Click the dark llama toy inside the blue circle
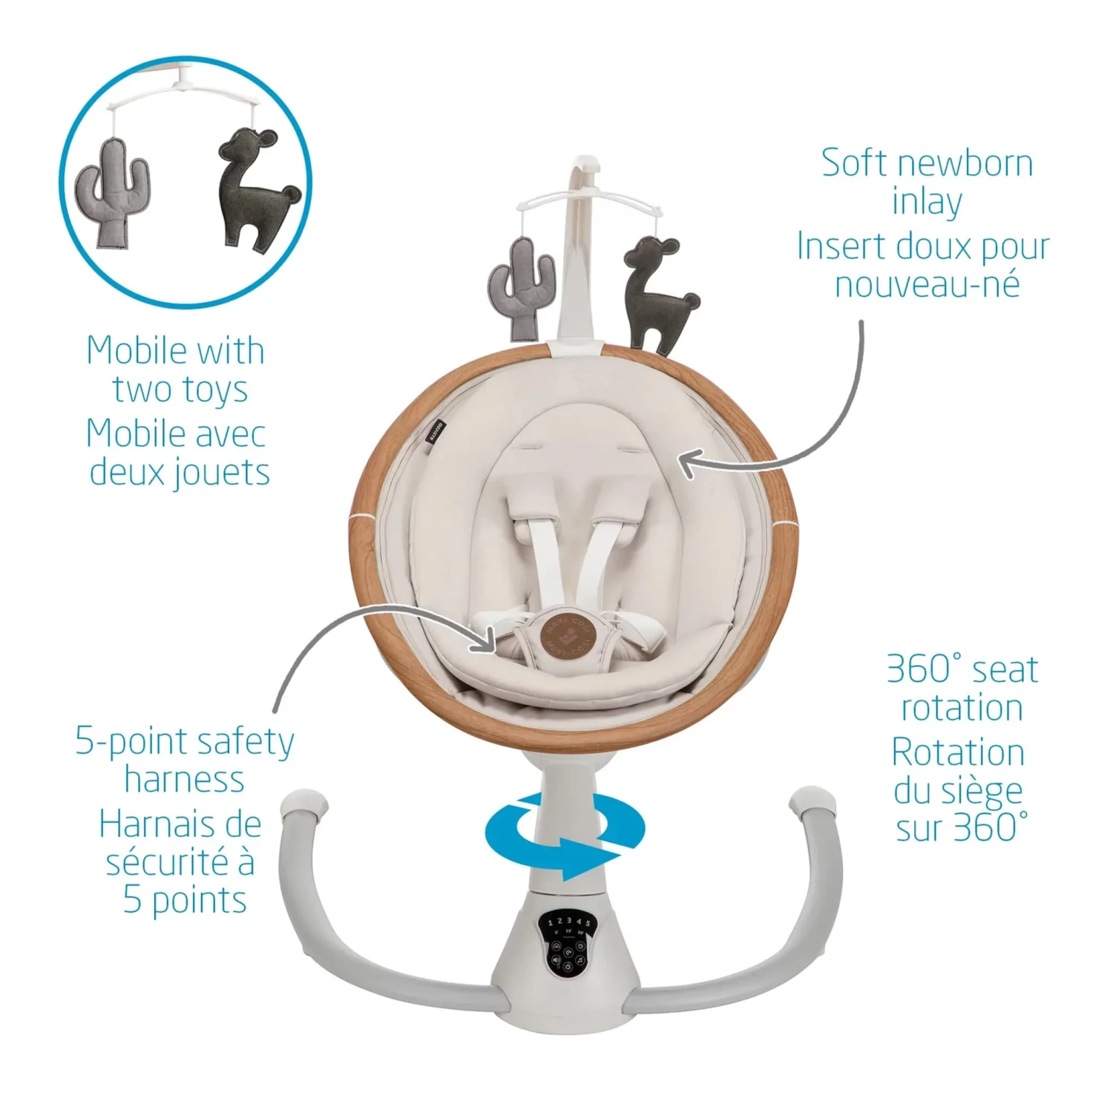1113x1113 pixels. tap(257, 191)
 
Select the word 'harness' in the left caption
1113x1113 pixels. tap(184, 779)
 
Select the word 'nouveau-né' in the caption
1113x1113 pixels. tap(927, 283)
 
